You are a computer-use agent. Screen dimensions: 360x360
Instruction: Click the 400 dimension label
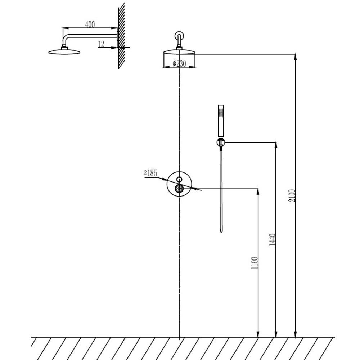(x=90, y=24)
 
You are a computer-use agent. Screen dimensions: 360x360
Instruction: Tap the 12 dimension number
(x=101, y=44)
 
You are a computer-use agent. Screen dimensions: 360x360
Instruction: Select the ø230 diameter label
(x=179, y=63)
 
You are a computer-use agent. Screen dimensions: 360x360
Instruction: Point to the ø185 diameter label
(x=150, y=173)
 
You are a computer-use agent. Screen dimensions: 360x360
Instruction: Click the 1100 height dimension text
(x=255, y=263)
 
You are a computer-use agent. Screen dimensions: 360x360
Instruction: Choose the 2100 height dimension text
(x=292, y=195)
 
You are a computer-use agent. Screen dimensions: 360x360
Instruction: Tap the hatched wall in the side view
(x=122, y=36)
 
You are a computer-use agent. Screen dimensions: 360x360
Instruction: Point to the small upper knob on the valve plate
(x=179, y=179)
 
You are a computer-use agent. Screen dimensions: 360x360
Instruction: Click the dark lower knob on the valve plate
(x=179, y=189)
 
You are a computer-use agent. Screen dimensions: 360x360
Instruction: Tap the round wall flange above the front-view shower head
(x=179, y=36)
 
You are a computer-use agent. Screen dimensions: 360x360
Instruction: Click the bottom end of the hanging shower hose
(x=221, y=231)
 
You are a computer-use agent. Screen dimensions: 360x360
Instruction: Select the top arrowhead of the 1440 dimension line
(x=276, y=145)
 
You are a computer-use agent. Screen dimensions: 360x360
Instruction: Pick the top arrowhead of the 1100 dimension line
(x=258, y=192)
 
